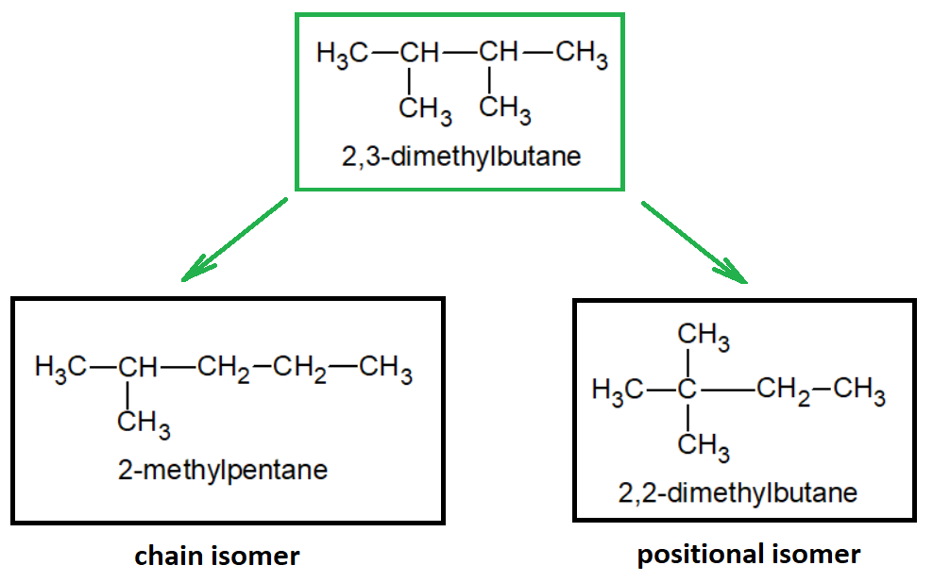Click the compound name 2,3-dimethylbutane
[x=461, y=155]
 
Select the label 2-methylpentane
[x=223, y=469]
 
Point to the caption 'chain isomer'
[x=217, y=557]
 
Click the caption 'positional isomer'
[x=749, y=554]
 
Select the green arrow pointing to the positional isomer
[x=694, y=241]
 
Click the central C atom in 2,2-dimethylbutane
[x=688, y=389]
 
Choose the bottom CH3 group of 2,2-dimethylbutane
[x=703, y=444]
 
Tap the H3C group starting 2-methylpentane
[x=59, y=367]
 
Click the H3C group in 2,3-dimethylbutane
[x=343, y=54]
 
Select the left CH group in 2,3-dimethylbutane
[x=419, y=54]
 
